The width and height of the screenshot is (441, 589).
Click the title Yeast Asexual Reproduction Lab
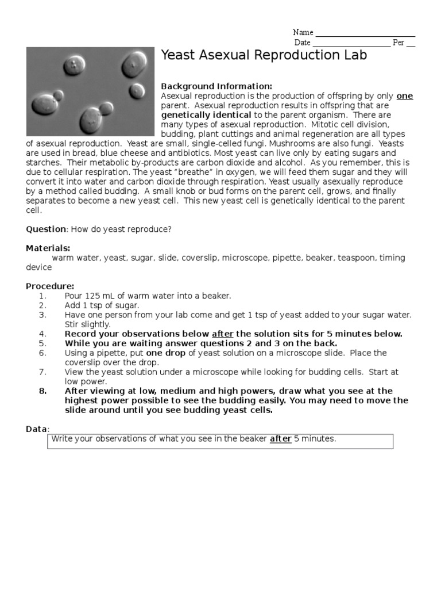point(264,56)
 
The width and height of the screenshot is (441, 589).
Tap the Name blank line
point(365,33)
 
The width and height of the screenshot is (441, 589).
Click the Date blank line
point(351,43)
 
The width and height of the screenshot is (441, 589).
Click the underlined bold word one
point(405,96)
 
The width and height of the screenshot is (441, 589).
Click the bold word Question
point(46,229)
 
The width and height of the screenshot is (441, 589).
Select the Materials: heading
point(48,248)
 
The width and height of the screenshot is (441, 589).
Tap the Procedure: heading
point(50,286)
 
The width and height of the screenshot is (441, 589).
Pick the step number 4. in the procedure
point(42,334)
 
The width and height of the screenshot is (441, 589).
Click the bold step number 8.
point(42,391)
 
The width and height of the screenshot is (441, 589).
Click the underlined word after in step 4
point(223,334)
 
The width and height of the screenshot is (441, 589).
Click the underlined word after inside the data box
point(280,439)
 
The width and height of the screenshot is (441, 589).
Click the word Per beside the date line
point(399,43)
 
